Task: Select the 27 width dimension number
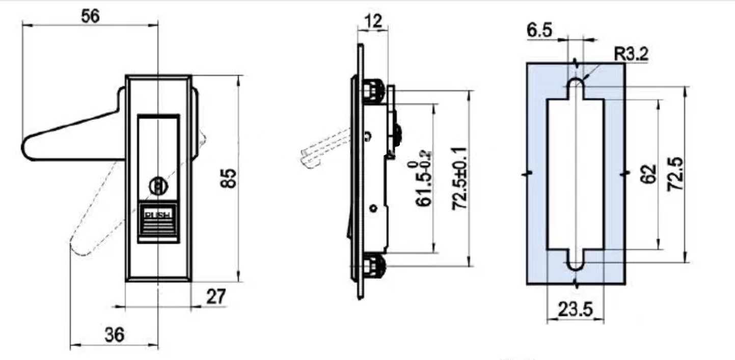(215, 297)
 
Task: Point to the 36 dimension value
(114, 335)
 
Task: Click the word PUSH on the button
(158, 214)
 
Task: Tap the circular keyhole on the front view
(158, 187)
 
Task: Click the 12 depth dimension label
(373, 21)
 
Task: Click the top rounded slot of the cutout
(576, 86)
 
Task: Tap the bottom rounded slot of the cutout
(576, 262)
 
